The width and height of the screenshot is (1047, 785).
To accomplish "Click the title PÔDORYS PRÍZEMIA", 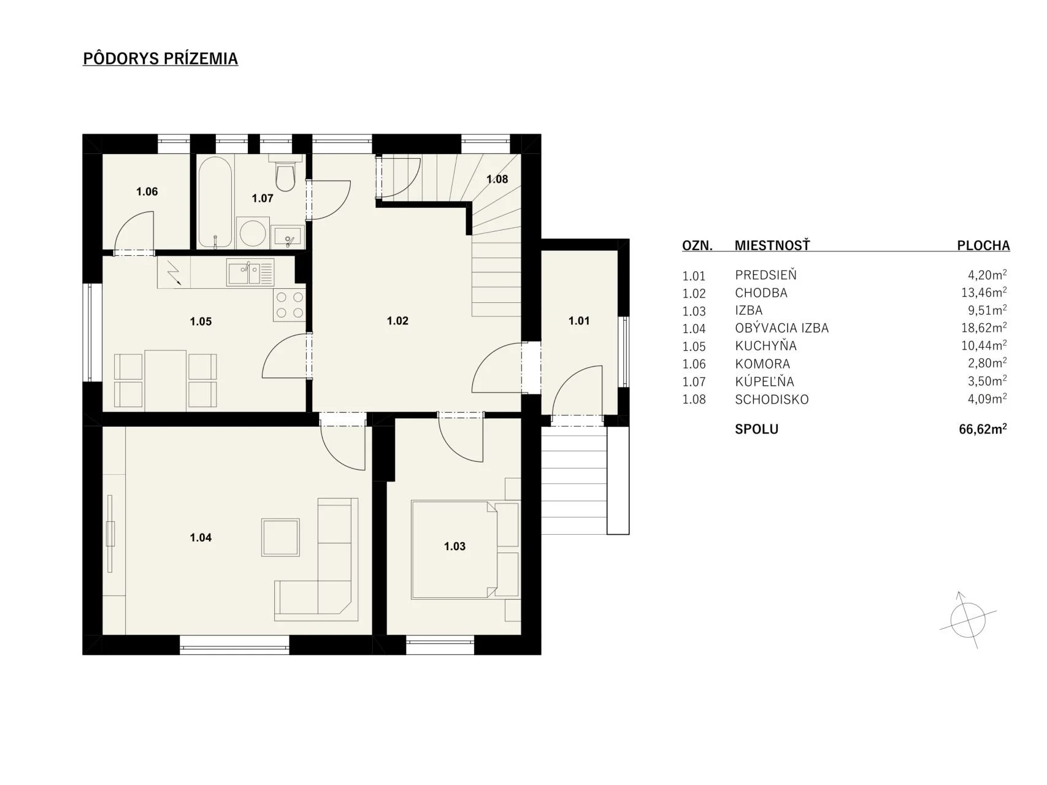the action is point(160,58).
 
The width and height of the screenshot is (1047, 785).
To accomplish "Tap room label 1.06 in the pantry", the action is point(147,191).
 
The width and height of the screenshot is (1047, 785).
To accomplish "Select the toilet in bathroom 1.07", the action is point(285,172).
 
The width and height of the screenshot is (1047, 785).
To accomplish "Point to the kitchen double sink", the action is point(250,272).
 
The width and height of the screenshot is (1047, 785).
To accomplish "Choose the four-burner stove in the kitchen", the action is point(290,304).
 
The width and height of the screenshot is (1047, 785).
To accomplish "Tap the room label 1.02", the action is point(397,321).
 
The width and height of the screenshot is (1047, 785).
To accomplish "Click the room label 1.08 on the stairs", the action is point(497,179).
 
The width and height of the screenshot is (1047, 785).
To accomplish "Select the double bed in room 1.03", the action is point(465,549).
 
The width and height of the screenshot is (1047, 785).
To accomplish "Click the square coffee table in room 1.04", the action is point(281,537).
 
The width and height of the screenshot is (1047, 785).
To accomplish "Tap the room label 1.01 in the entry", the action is point(579,321).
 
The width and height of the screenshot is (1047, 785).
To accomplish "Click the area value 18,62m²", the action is point(984,327).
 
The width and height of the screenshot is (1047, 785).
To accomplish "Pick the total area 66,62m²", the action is point(983,429).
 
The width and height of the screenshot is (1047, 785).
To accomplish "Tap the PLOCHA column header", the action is point(983,246).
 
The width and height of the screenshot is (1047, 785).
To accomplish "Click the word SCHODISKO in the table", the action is point(772,399).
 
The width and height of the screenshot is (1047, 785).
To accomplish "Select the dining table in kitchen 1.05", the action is point(166,380).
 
